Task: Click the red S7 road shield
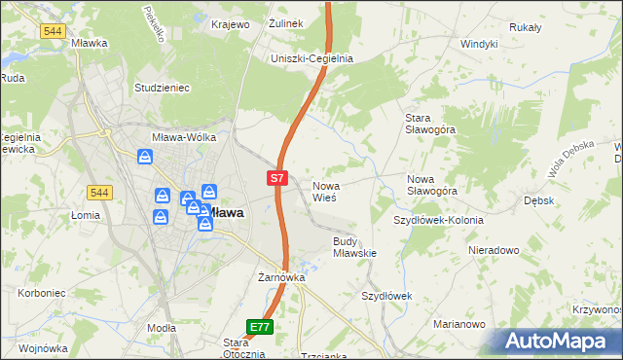[277, 178]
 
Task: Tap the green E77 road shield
[260, 328]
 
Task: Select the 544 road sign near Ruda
[53, 31]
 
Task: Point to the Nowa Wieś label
[324, 191]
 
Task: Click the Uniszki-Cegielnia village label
[311, 58]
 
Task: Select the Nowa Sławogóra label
[432, 185]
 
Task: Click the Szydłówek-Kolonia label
[438, 220]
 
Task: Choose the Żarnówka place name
[282, 277]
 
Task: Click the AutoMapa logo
[560, 342]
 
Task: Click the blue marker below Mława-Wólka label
[145, 156]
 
